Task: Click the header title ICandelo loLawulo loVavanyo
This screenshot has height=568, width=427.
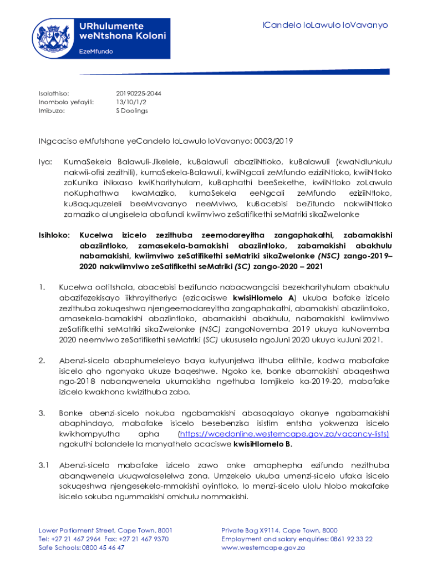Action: pos(325,26)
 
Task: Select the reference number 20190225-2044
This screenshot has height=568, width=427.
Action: pos(135,93)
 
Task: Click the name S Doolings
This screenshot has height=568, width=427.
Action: pos(131,110)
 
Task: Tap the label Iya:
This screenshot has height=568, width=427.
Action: pos(45,161)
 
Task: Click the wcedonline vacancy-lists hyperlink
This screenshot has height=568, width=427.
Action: pos(283,433)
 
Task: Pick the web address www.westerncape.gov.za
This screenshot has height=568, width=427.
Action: pos(263,547)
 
